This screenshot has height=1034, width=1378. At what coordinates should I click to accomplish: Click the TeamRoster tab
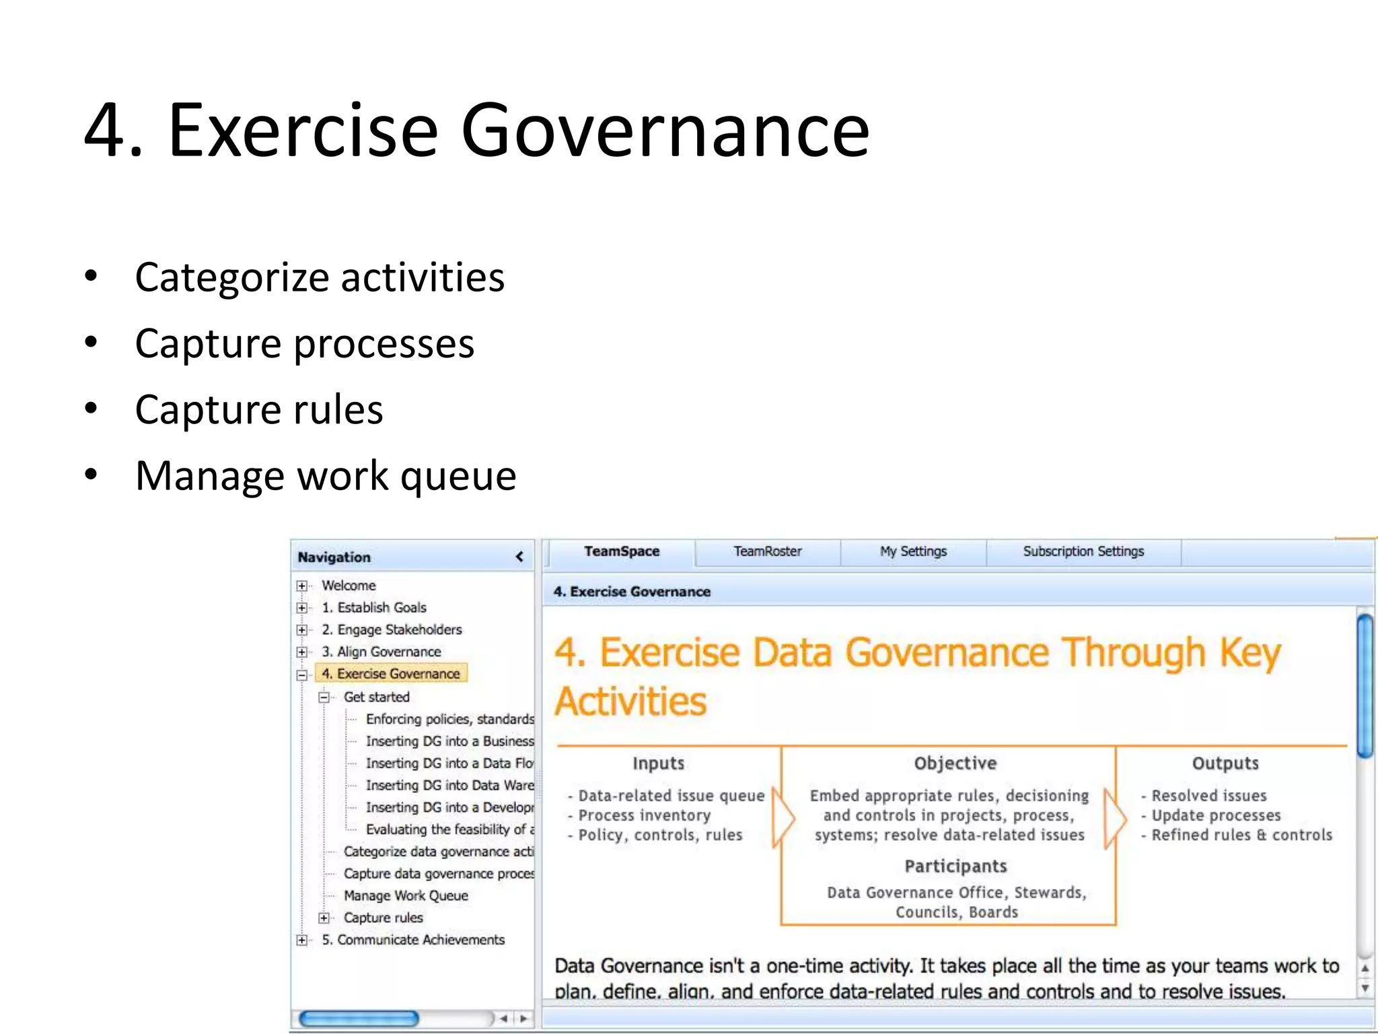[x=767, y=551]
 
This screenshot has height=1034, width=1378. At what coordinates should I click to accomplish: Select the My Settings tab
[x=913, y=551]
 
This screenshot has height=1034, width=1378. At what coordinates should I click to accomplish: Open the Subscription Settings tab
[x=1083, y=551]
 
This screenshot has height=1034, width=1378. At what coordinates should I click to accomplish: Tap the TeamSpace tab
[x=622, y=551]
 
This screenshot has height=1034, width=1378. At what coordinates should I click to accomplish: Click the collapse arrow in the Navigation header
[x=519, y=557]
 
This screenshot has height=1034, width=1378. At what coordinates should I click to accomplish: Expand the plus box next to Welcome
[x=302, y=586]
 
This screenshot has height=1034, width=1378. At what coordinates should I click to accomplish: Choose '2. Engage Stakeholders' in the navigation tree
[x=392, y=629]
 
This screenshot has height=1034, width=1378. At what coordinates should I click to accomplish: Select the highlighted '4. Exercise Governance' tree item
[x=391, y=673]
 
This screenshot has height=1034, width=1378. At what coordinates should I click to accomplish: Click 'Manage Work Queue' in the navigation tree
[x=406, y=895]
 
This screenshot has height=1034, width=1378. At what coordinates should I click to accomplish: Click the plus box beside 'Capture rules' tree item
[x=324, y=918]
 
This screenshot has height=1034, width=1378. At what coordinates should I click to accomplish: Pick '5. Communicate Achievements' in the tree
[x=413, y=940]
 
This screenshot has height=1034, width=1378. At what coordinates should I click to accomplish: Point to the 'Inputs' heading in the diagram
[x=658, y=763]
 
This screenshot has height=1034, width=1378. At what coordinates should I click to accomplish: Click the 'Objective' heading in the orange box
[x=955, y=763]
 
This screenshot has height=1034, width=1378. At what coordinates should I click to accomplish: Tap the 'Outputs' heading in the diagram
[x=1225, y=763]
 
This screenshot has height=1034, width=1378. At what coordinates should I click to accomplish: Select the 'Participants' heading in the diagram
[x=955, y=866]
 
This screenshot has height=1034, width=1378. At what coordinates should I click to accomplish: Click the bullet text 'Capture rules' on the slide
[x=259, y=409]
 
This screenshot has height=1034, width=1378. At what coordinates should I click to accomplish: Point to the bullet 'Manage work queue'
[x=326, y=475]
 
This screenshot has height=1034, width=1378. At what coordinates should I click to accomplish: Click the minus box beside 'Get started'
[x=324, y=697]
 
